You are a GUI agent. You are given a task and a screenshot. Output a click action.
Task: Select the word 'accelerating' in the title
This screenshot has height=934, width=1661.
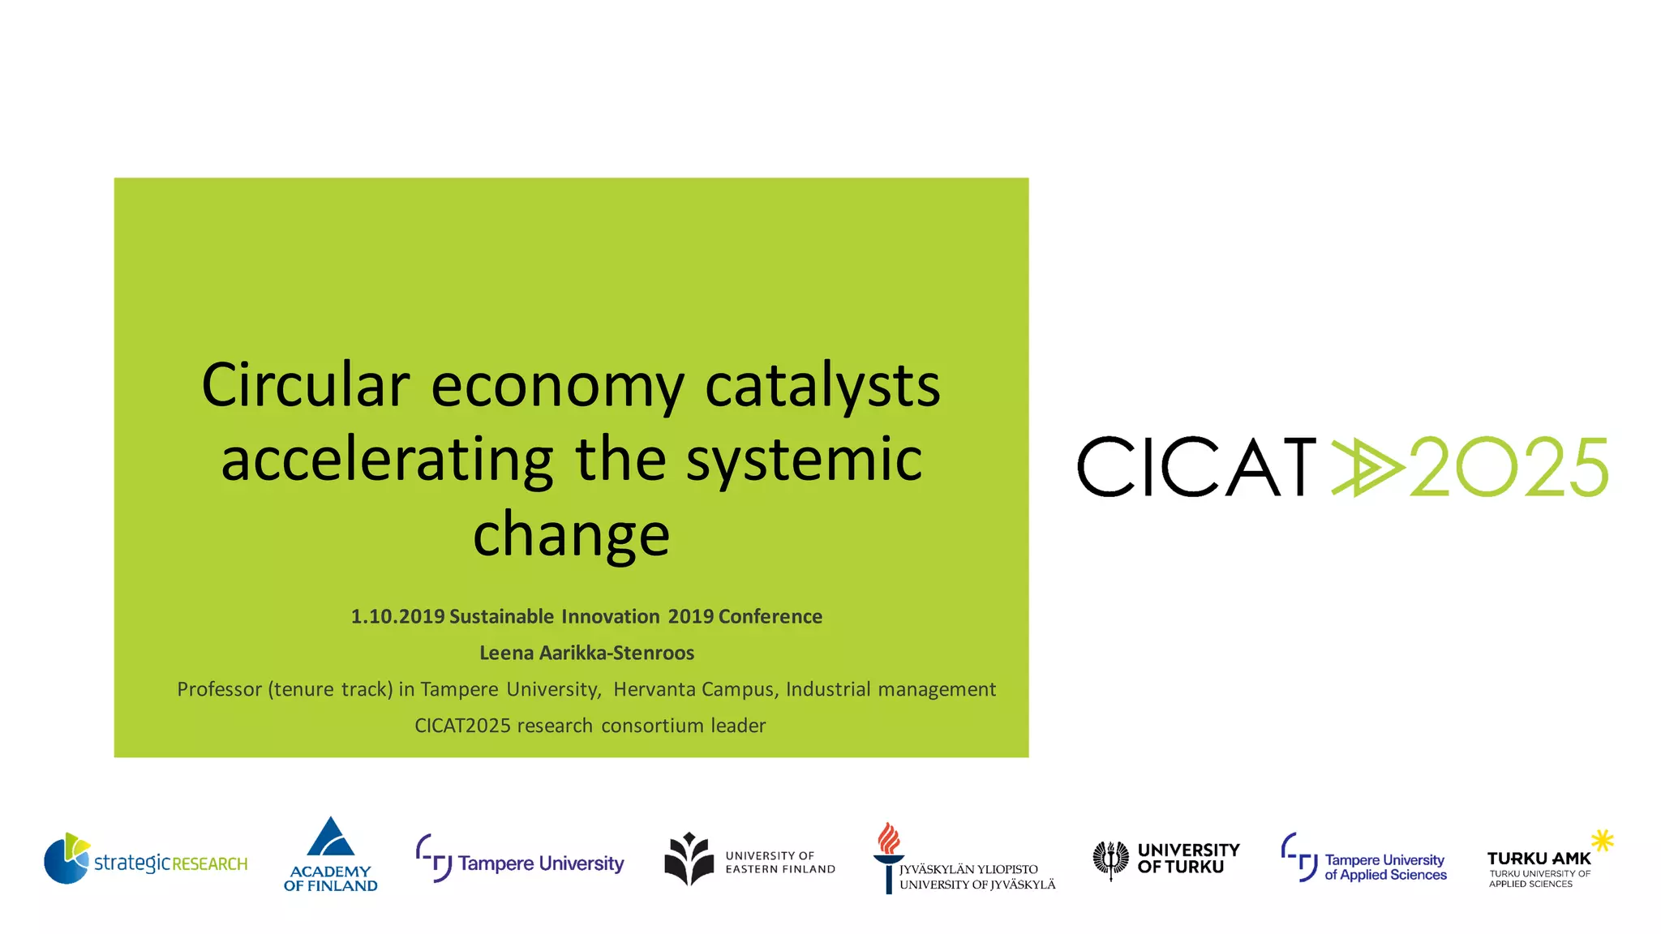pos(387,460)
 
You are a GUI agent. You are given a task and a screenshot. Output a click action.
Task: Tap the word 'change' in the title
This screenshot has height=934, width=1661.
pos(571,534)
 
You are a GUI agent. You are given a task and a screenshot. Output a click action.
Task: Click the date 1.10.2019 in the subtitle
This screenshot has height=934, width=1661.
pos(397,616)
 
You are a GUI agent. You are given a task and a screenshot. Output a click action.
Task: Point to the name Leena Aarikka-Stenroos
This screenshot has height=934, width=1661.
pos(586,653)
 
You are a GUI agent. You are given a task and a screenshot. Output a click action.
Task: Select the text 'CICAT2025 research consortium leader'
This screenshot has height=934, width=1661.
pos(590,726)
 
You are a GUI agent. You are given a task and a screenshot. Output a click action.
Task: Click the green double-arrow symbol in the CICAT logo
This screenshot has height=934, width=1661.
pos(1367,466)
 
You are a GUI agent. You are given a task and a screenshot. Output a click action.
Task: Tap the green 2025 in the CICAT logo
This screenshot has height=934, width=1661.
pos(1509,467)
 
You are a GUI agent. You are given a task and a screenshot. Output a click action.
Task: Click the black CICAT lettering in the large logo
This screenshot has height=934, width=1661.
pos(1196,467)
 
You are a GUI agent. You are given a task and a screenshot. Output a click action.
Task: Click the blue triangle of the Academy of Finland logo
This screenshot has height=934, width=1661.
pos(330,838)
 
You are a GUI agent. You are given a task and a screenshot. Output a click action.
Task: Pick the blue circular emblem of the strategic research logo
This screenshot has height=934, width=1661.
pos(66,859)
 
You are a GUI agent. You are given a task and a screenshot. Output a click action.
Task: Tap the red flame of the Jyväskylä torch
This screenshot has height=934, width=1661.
pos(889,839)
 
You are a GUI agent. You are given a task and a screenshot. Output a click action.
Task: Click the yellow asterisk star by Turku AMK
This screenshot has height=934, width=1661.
pos(1602,840)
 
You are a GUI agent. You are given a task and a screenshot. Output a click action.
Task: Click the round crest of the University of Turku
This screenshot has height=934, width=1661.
pos(1110,859)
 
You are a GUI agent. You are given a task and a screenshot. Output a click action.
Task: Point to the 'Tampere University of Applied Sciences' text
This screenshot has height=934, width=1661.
pos(1385,868)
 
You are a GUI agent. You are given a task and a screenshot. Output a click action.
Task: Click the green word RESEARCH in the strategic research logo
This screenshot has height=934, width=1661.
pos(209,864)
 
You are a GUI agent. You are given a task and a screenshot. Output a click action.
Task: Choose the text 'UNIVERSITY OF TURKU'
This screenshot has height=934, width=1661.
pos(1188,859)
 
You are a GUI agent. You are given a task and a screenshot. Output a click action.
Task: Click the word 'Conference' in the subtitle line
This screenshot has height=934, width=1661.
pos(770,616)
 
